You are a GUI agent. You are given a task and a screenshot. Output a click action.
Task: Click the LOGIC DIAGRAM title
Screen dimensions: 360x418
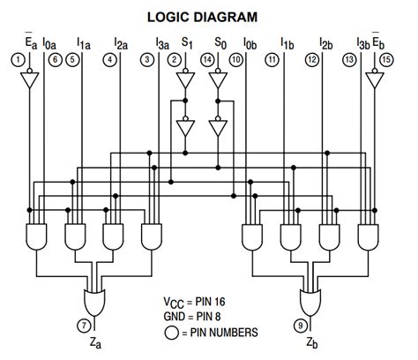(x=208, y=17)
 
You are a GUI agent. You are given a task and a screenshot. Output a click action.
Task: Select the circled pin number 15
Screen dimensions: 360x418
(x=388, y=59)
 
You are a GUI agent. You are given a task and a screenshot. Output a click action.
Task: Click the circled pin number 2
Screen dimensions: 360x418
(x=175, y=59)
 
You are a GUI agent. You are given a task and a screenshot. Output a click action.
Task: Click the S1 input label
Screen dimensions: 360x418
(x=186, y=41)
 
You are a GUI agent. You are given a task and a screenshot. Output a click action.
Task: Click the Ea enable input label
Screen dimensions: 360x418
(x=30, y=41)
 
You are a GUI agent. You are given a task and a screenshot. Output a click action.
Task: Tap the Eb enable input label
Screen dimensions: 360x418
(x=377, y=41)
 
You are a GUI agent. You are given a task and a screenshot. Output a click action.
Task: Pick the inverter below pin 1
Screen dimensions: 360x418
(x=30, y=80)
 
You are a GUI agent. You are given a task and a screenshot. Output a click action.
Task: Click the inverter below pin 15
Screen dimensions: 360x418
(x=375, y=80)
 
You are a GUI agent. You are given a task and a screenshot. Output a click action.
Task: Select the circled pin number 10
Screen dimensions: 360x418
(x=235, y=59)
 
